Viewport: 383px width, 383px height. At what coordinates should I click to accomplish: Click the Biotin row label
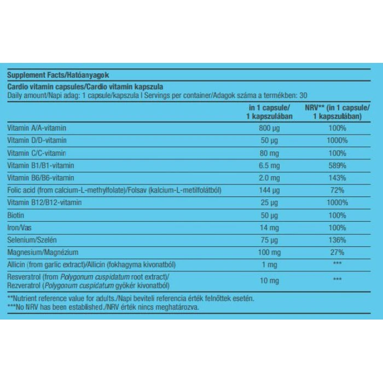pyautogui.click(x=15, y=215)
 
